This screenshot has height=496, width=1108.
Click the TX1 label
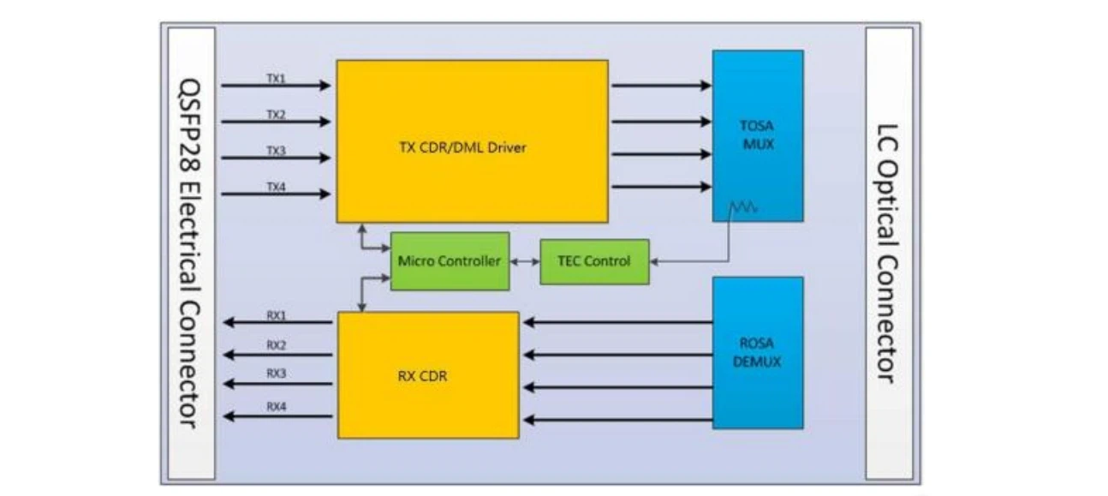tap(276, 79)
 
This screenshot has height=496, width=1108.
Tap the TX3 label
tap(276, 151)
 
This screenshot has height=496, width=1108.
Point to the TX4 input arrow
tap(276, 194)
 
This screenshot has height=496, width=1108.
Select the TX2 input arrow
tap(276, 122)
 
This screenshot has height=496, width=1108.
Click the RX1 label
tap(276, 315)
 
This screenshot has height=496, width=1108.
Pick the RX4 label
tap(276, 406)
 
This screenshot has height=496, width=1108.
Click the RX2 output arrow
tap(277, 355)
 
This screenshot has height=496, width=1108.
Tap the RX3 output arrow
tap(277, 384)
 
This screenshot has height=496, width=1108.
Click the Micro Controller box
tap(450, 261)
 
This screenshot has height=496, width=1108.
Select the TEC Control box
tap(594, 261)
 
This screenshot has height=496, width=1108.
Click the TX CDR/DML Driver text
tap(462, 147)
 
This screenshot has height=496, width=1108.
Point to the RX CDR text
tap(422, 376)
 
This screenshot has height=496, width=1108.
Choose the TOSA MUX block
tap(758, 135)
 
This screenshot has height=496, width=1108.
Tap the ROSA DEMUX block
tap(758, 352)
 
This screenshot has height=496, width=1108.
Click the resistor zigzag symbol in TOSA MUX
tap(743, 206)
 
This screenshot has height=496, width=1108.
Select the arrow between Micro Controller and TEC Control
tap(525, 261)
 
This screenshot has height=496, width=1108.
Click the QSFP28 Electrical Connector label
tap(190, 253)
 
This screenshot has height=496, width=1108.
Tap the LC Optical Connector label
tap(887, 254)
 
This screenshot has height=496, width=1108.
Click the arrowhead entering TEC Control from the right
tap(654, 261)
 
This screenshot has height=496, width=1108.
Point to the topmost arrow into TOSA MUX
tap(662, 86)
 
